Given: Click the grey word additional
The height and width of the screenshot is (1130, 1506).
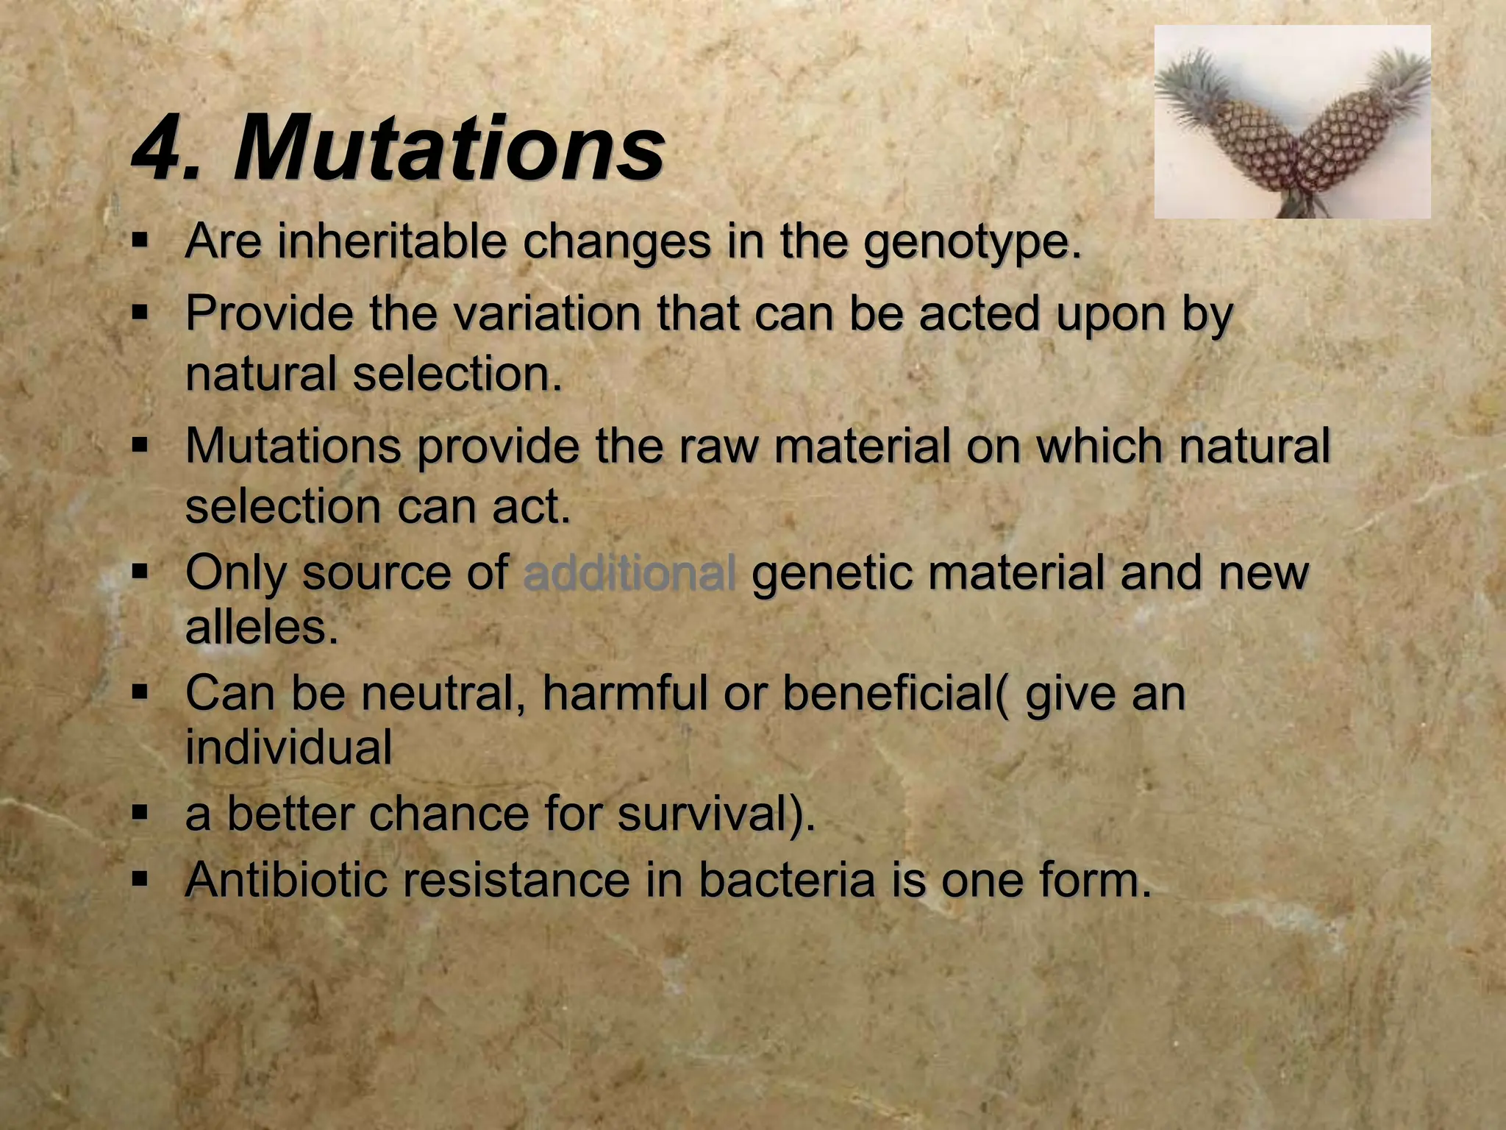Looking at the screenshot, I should tap(629, 573).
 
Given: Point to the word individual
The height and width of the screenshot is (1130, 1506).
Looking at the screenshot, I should tap(288, 747).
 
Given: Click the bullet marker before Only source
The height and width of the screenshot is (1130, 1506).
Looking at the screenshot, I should tap(140, 571).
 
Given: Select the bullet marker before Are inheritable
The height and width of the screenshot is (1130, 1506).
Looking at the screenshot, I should tap(140, 240).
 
